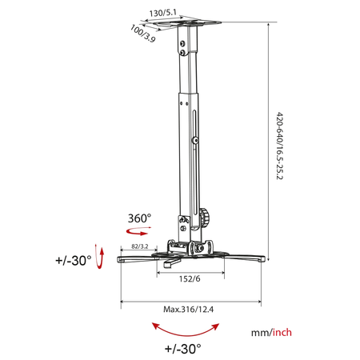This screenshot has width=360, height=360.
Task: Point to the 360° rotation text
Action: click(x=139, y=217)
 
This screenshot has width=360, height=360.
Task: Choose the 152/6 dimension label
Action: click(x=189, y=279)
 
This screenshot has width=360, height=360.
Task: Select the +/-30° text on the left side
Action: click(x=73, y=260)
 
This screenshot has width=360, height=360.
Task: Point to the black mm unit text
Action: click(x=258, y=331)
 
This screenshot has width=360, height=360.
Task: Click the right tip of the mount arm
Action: click(x=261, y=259)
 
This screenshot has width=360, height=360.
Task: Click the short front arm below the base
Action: click(x=170, y=261)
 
